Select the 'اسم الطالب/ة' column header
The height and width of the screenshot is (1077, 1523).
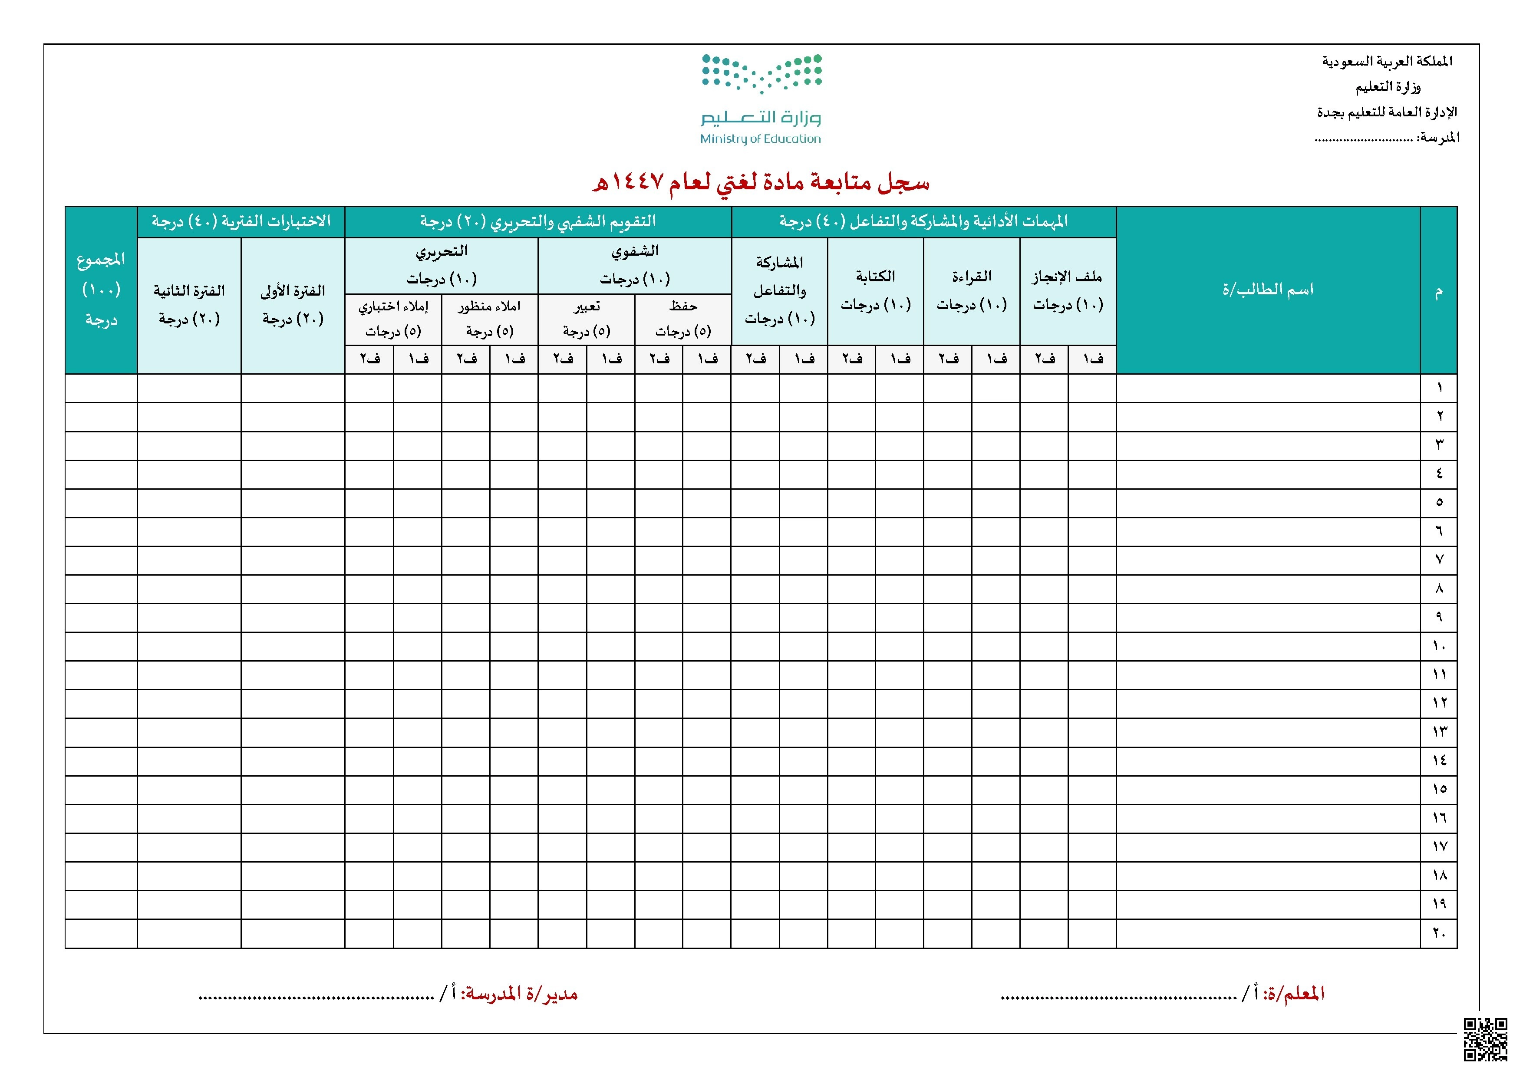1268,290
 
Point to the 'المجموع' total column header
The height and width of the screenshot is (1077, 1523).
101,290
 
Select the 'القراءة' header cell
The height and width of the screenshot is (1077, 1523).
971,290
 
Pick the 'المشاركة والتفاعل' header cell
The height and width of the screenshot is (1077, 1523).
779,290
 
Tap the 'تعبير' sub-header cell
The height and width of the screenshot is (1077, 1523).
587,318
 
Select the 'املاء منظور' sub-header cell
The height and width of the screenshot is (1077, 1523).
490,318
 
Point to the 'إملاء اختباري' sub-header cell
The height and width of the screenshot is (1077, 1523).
393,318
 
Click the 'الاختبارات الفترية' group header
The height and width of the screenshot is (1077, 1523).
241,221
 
